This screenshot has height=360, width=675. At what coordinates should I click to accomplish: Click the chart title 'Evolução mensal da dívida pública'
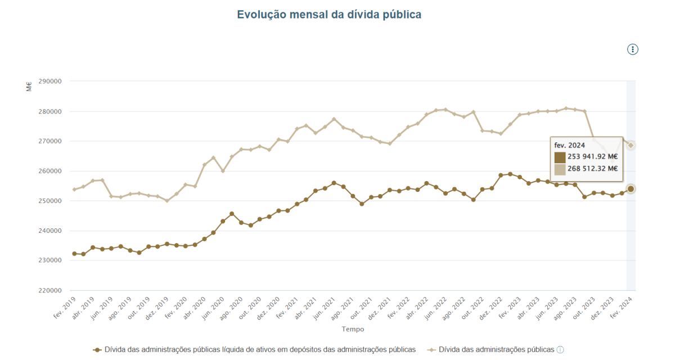(329, 15)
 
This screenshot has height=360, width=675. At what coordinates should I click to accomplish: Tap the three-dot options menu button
(633, 49)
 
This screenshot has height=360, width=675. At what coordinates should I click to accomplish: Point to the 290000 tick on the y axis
(49, 81)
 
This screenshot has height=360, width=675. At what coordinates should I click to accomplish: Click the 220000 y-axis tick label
(49, 291)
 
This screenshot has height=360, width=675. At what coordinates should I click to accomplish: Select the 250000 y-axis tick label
(49, 201)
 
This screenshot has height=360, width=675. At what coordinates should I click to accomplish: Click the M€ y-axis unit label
(29, 87)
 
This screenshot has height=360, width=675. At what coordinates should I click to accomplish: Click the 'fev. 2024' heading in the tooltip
(569, 145)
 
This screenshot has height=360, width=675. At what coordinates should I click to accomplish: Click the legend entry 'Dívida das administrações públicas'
(495, 349)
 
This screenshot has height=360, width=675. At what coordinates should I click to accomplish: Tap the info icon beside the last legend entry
(560, 350)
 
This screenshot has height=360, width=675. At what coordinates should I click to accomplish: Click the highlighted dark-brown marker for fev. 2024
(631, 189)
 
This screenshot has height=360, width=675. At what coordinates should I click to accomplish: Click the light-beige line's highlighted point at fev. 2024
(631, 145)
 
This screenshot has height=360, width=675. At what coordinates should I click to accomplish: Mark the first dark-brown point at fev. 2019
(74, 254)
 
